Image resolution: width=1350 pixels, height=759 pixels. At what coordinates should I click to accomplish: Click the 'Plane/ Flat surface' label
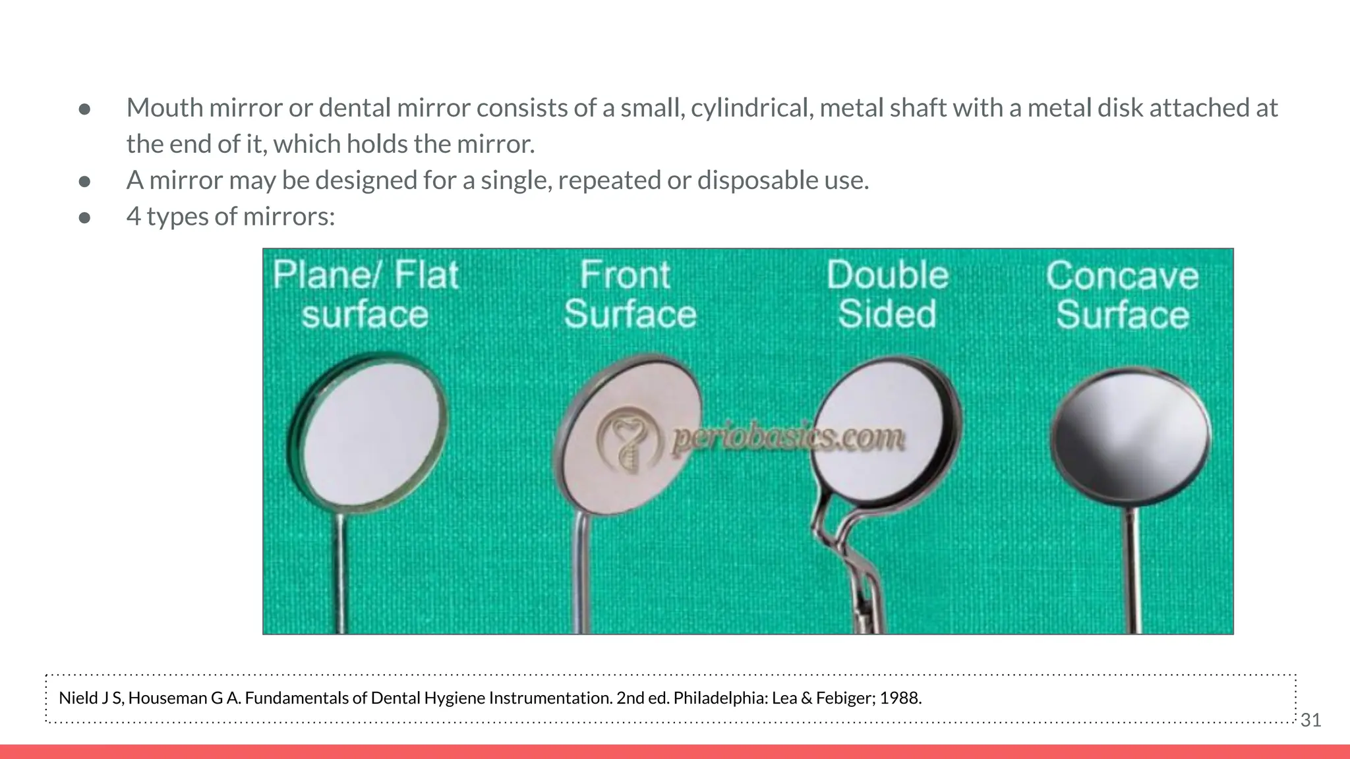[365, 294]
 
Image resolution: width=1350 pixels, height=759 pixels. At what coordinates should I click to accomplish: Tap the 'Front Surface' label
[630, 294]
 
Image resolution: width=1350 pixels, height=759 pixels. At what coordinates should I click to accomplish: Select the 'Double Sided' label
[887, 294]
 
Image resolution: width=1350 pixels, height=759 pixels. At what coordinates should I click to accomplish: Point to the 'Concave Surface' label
[1122, 295]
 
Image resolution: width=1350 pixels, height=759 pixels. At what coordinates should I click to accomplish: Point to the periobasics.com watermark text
[787, 438]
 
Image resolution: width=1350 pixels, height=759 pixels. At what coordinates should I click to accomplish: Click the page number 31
[1310, 720]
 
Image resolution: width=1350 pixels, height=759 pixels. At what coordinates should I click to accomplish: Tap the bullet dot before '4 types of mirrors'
[84, 217]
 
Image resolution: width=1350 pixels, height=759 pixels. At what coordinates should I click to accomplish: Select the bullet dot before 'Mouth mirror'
[84, 109]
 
